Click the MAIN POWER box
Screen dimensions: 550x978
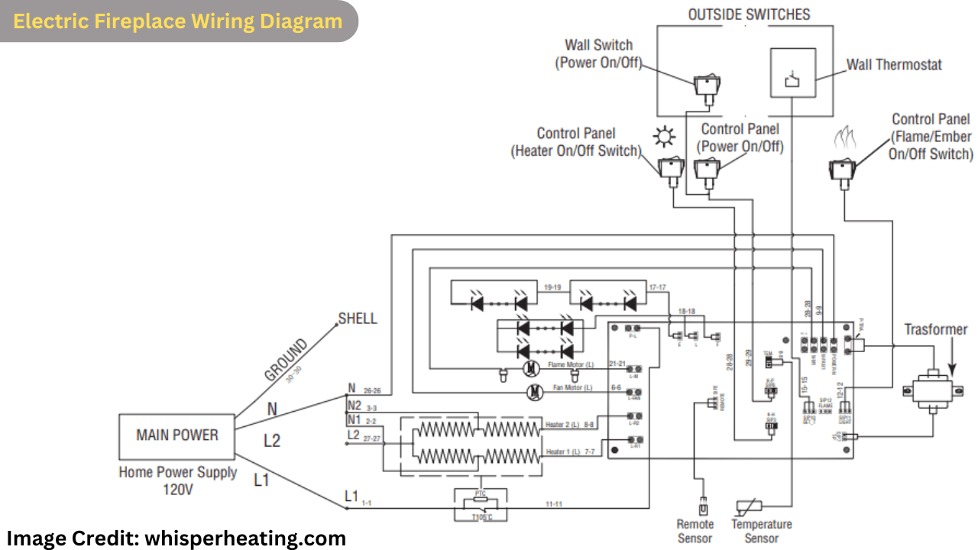point(177,435)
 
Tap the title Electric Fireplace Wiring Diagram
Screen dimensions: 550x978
point(177,21)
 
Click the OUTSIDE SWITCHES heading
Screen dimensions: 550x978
point(749,15)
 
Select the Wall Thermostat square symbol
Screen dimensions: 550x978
point(792,73)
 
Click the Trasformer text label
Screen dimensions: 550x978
point(936,330)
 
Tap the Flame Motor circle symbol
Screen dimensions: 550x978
point(530,369)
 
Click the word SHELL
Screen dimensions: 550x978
point(358,319)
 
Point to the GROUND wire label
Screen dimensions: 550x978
point(286,360)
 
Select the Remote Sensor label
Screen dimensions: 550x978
point(695,531)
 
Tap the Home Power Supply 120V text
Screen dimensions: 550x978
point(177,480)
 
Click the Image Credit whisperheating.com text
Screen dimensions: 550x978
point(176,539)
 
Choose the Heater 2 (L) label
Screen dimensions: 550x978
point(563,424)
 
